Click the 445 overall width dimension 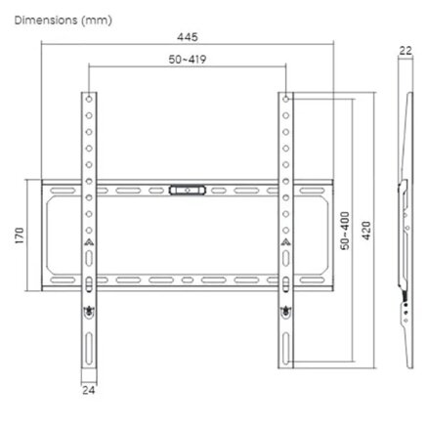coord(188,37)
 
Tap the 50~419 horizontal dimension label coord(188,60)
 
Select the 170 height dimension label coord(20,235)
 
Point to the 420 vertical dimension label coord(366,231)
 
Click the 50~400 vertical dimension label coord(345,231)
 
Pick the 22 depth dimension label coord(406,51)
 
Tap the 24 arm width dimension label coord(89,390)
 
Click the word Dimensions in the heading coord(46,21)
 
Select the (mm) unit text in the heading coord(97,21)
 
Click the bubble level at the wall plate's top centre coord(188,190)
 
